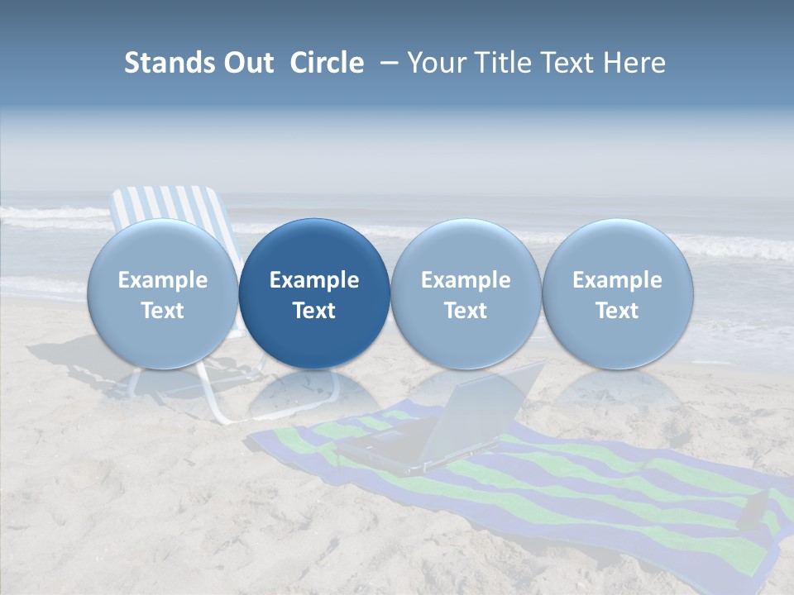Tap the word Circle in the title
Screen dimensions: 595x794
pyautogui.click(x=327, y=63)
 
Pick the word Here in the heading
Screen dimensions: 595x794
pyautogui.click(x=634, y=63)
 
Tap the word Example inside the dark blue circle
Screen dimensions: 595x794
pyautogui.click(x=314, y=280)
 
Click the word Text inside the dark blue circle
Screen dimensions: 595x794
pyautogui.click(x=314, y=311)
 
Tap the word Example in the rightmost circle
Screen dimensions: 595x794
pyautogui.click(x=618, y=280)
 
